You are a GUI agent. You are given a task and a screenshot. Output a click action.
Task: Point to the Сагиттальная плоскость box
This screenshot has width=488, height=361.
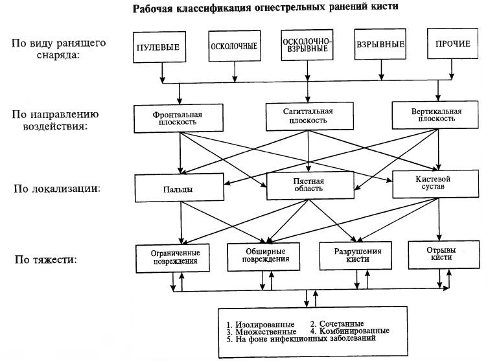[x=308, y=116]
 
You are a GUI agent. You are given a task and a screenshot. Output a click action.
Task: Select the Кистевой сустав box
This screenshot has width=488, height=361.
[x=430, y=182]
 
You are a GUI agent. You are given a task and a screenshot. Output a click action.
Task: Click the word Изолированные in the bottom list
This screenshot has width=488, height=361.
[x=264, y=323]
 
